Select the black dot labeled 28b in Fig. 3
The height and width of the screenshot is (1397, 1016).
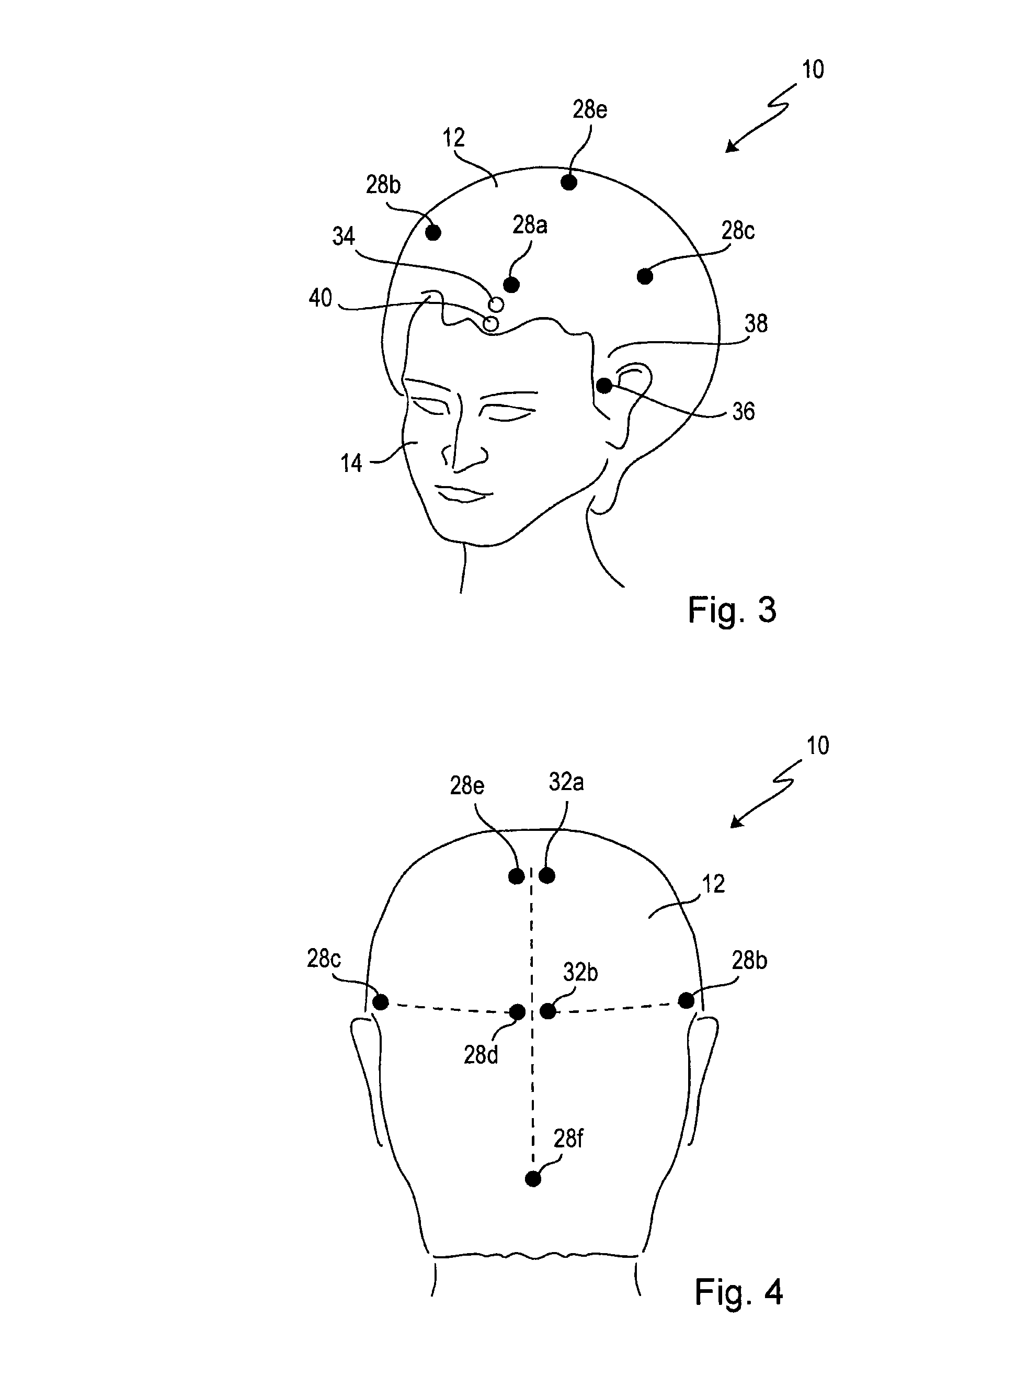click(433, 232)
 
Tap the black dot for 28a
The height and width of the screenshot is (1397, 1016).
click(511, 285)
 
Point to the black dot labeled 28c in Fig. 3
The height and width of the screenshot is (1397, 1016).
click(645, 276)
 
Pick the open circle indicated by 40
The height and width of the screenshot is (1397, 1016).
click(491, 323)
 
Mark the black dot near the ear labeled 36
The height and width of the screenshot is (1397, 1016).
click(604, 386)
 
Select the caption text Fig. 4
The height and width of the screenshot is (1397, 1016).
click(738, 1292)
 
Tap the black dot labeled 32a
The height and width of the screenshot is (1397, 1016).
click(547, 875)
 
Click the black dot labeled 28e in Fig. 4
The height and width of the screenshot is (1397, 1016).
click(517, 875)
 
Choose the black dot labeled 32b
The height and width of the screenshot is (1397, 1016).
click(547, 1011)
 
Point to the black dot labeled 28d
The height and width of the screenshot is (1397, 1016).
click(517, 1011)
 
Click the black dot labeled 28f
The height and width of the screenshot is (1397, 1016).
click(533, 1179)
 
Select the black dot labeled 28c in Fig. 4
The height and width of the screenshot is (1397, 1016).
click(381, 1001)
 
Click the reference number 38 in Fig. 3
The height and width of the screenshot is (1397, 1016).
click(756, 324)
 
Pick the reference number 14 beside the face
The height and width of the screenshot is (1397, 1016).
click(351, 463)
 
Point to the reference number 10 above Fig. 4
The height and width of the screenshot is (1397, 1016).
click(818, 746)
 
